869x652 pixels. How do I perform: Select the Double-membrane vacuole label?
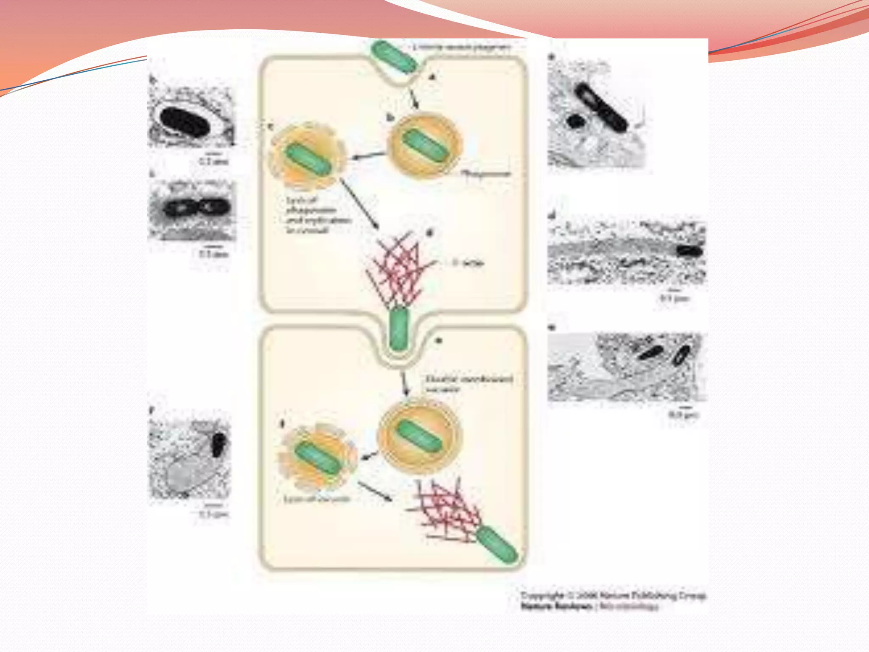click(469, 383)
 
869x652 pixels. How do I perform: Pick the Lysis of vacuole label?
click(317, 499)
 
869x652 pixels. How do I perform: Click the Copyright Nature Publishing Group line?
click(613, 596)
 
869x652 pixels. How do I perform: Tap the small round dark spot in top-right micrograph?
click(576, 121)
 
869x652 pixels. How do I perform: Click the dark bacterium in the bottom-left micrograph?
click(218, 444)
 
